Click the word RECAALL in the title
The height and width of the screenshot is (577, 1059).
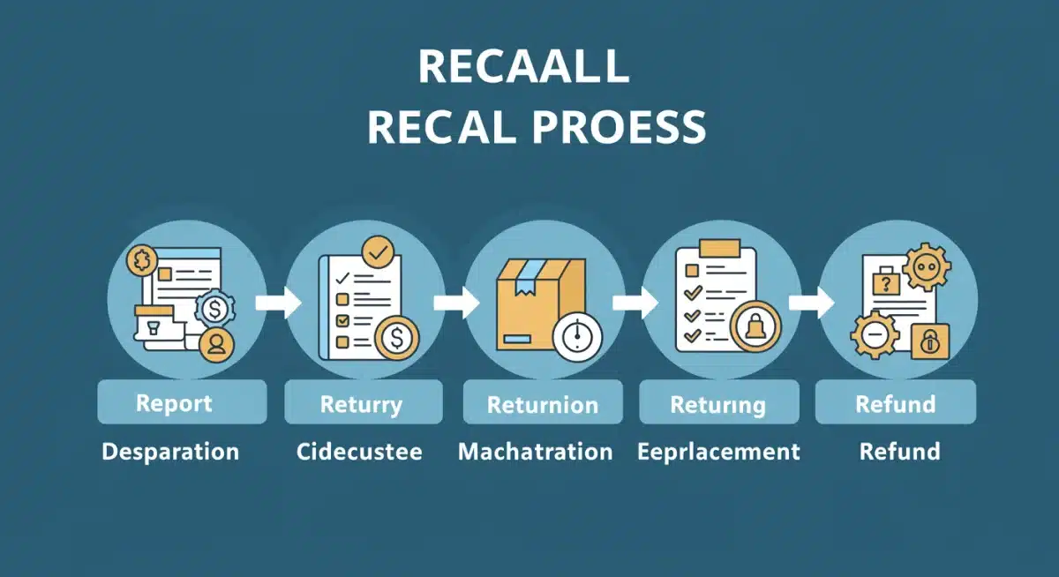tap(523, 67)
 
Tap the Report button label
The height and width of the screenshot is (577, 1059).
tap(174, 403)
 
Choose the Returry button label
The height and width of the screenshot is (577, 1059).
tap(361, 404)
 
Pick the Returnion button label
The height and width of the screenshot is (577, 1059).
tap(542, 405)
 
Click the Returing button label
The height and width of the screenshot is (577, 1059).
tap(717, 404)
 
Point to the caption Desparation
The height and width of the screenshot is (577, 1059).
tap(170, 452)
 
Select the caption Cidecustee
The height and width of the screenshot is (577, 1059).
tap(359, 452)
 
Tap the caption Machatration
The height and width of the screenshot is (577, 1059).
tap(535, 452)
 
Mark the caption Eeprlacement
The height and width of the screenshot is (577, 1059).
tap(718, 452)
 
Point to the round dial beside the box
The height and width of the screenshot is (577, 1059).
tap(577, 337)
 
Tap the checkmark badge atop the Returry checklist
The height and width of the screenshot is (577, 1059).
tap(379, 253)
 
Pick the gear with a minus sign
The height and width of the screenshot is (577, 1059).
tap(874, 336)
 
